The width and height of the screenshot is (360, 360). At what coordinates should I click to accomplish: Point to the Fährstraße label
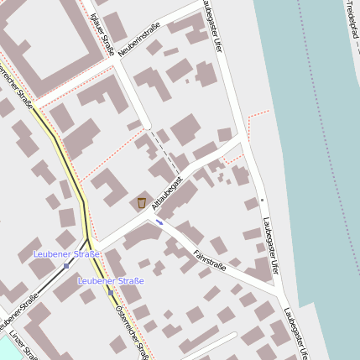click(x=209, y=260)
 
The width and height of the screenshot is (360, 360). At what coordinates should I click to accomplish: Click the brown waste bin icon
click(x=141, y=202)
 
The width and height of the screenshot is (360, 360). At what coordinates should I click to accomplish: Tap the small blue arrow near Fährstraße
click(x=159, y=222)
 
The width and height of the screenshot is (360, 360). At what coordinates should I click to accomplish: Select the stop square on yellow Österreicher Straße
click(x=111, y=292)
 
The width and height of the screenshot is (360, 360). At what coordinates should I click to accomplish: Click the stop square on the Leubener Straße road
click(x=66, y=265)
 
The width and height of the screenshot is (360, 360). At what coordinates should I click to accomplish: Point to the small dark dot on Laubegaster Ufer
click(x=261, y=201)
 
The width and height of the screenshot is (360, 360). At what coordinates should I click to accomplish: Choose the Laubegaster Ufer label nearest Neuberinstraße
click(x=211, y=27)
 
